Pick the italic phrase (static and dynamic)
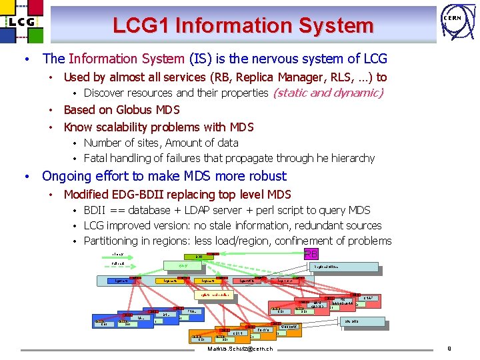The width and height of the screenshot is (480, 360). [328, 93]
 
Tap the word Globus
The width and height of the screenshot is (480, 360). [135, 110]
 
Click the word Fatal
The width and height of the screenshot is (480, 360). [97, 159]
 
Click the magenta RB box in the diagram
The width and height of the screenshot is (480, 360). [311, 254]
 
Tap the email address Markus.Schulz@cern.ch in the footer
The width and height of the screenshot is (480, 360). [240, 349]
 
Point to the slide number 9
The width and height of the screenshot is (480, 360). [449, 349]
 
